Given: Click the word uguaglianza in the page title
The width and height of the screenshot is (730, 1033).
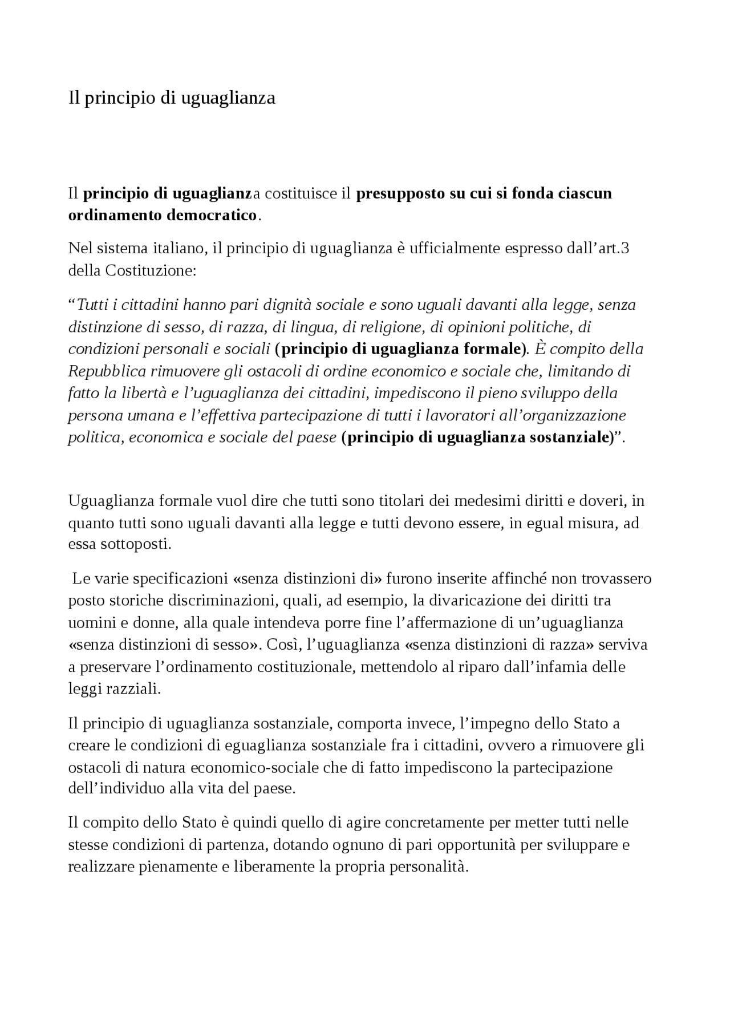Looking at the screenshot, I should (x=228, y=98).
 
